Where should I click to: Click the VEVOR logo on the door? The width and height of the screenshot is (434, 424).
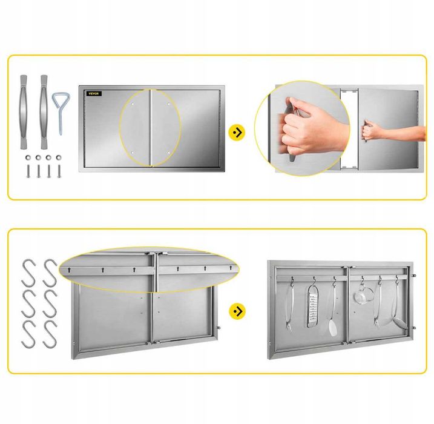pos(94,94)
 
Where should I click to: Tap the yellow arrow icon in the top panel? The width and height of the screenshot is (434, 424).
pos(237,133)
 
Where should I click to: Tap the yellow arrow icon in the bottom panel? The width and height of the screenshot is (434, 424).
pos(237,311)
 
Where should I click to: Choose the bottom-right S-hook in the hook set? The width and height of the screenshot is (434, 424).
pos(50,334)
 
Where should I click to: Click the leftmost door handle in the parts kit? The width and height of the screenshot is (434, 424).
pos(24,111)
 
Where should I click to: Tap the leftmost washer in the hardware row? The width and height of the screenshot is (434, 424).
pos(28,157)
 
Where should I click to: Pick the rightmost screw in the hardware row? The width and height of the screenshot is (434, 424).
pos(59,171)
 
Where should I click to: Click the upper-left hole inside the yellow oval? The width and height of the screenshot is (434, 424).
pos(133,104)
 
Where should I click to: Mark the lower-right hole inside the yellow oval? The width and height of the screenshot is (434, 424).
pos(168,153)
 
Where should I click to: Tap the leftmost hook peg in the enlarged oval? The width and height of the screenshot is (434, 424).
pos(68,270)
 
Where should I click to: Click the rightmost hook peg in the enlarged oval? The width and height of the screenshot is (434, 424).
pos(231,268)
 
